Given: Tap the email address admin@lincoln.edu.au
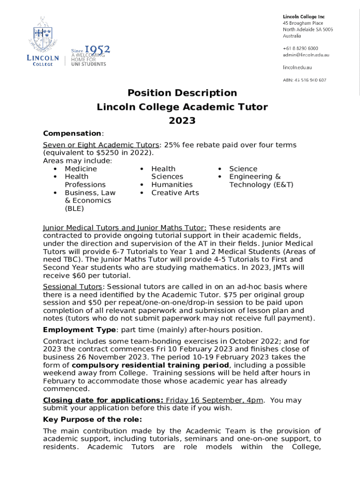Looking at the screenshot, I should pos(306,55).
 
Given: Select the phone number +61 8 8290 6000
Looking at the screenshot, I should pos(300,48).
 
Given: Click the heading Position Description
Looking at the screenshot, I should pos(182,93).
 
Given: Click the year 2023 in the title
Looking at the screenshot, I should pos(182,121).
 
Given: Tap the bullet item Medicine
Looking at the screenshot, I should pos(81,168).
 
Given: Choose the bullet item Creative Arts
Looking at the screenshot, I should pos(175,193).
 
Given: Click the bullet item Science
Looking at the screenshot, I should pos(243,168).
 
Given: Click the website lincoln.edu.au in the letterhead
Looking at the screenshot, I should pos(297,67).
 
